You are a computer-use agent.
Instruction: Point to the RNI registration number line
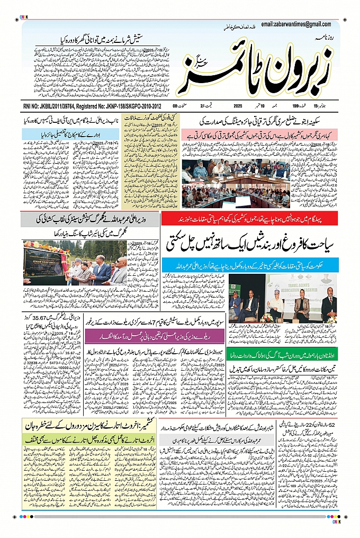click(x=92, y=106)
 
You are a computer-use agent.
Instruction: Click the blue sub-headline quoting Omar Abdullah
click(x=249, y=263)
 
